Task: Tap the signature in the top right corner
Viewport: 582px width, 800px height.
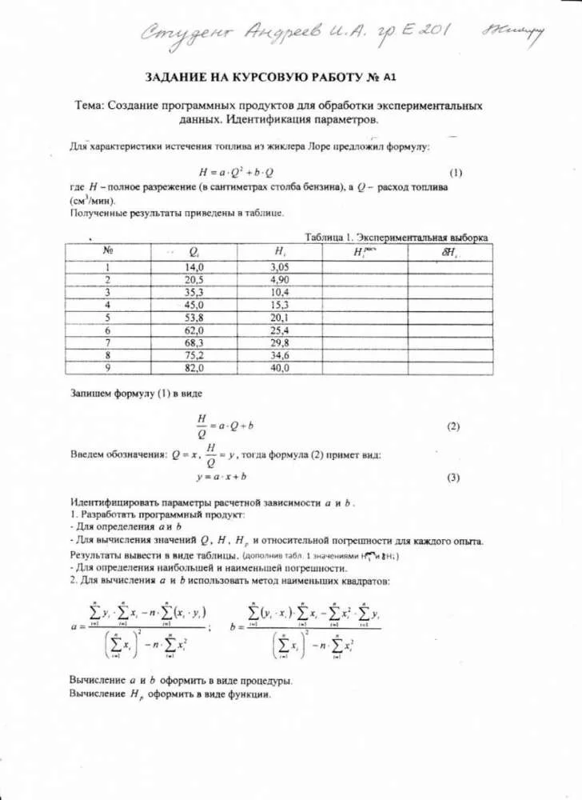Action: [x=513, y=32]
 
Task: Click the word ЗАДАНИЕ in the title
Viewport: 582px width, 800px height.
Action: [x=180, y=78]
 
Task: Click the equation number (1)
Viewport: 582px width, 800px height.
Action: [x=456, y=172]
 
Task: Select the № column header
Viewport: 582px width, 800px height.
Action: [x=108, y=251]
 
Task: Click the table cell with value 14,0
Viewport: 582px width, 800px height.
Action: [x=194, y=266]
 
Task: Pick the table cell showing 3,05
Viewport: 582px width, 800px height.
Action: [x=280, y=266]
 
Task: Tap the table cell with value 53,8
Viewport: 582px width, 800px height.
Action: [x=194, y=318]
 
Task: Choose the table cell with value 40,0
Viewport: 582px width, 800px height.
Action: [x=280, y=368]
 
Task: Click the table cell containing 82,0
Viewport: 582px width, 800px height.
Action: [x=194, y=368]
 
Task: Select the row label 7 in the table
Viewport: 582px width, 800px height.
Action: [x=107, y=342]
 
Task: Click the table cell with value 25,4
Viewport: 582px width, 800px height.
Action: [x=280, y=330]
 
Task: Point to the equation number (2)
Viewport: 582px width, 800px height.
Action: [x=453, y=426]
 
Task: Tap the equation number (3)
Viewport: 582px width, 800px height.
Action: [x=453, y=478]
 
